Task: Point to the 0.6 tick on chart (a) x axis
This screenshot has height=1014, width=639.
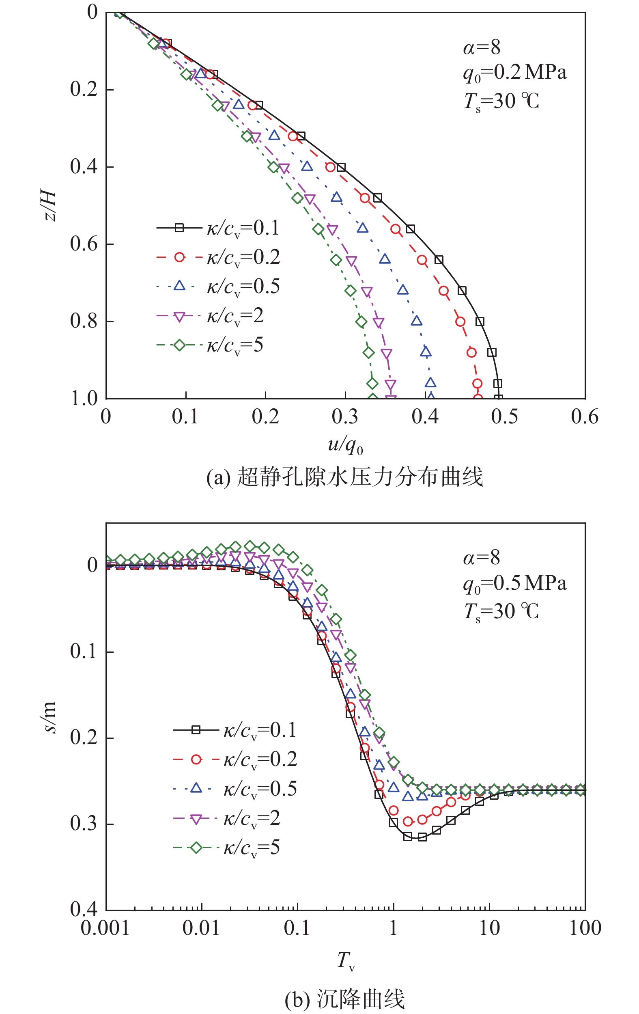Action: pyautogui.click(x=584, y=416)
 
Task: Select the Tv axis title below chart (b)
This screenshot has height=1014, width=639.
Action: pyautogui.click(x=346, y=961)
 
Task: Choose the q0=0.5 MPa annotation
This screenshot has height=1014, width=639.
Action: pyautogui.click(x=514, y=584)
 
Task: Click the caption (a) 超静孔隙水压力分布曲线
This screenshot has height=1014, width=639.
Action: pyautogui.click(x=344, y=477)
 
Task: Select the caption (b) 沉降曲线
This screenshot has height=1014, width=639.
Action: pyautogui.click(x=344, y=999)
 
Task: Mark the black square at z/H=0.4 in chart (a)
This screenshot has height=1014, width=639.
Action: pyautogui.click(x=341, y=167)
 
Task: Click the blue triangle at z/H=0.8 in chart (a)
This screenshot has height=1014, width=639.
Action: pyautogui.click(x=416, y=321)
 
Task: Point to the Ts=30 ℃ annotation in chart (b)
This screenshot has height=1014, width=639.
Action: pyautogui.click(x=501, y=611)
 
